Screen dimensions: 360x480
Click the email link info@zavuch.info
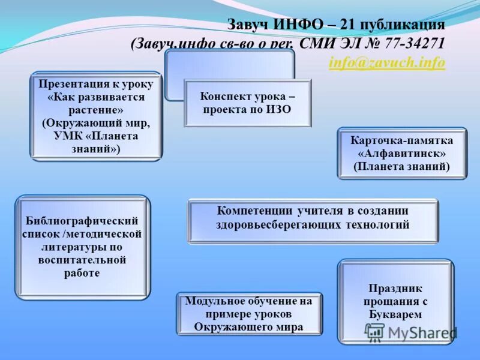[x=387, y=62]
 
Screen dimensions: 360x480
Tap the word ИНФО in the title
[x=298, y=25]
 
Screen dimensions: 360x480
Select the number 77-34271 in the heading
[x=413, y=43]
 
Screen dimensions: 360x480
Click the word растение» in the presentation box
[x=96, y=110]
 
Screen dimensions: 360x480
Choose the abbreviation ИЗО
[x=278, y=110]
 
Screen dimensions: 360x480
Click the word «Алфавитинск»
[x=401, y=154]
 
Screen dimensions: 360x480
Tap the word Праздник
[x=395, y=289]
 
